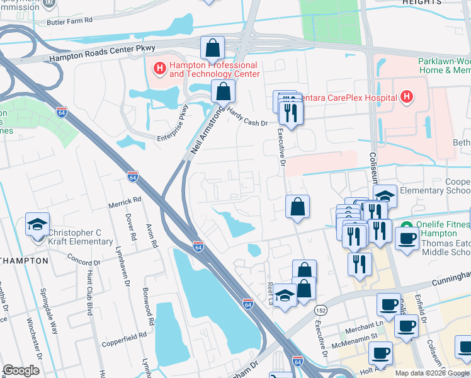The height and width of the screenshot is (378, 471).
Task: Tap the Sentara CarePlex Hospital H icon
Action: click(x=407, y=97)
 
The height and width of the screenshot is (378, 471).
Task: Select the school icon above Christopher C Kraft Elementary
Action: click(x=37, y=225)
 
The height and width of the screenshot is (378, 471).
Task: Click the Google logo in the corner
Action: click(x=21, y=370)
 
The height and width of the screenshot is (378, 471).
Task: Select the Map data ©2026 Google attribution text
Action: click(x=431, y=373)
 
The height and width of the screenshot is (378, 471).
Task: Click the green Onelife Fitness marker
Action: click(x=406, y=226)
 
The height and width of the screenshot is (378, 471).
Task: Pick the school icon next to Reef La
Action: click(x=285, y=296)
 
